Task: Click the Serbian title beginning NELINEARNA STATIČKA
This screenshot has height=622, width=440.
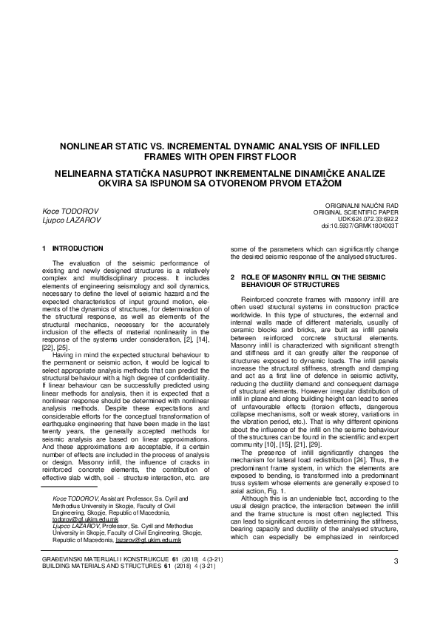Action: (220, 175)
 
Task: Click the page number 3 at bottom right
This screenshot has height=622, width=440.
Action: (396, 582)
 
